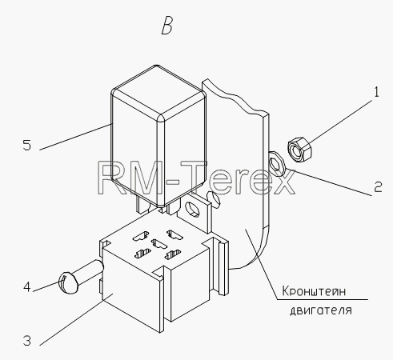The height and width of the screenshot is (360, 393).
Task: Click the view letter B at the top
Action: (167, 26)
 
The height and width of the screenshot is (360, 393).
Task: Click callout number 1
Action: (376, 92)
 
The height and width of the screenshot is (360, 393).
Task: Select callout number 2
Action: (378, 187)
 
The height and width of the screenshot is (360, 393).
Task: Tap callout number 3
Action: (27, 341)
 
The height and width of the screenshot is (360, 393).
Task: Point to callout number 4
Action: (27, 287)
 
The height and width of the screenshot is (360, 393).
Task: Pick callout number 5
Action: (27, 146)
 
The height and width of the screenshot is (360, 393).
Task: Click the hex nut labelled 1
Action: (299, 149)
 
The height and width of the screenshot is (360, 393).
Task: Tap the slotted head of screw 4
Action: (68, 283)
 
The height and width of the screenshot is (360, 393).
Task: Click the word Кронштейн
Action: (314, 291)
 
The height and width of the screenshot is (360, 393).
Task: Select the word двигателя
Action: (321, 310)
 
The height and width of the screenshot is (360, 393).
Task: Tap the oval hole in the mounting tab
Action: (192, 208)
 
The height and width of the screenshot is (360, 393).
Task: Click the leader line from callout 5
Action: (75, 137)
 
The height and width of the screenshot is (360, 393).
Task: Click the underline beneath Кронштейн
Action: (323, 299)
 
